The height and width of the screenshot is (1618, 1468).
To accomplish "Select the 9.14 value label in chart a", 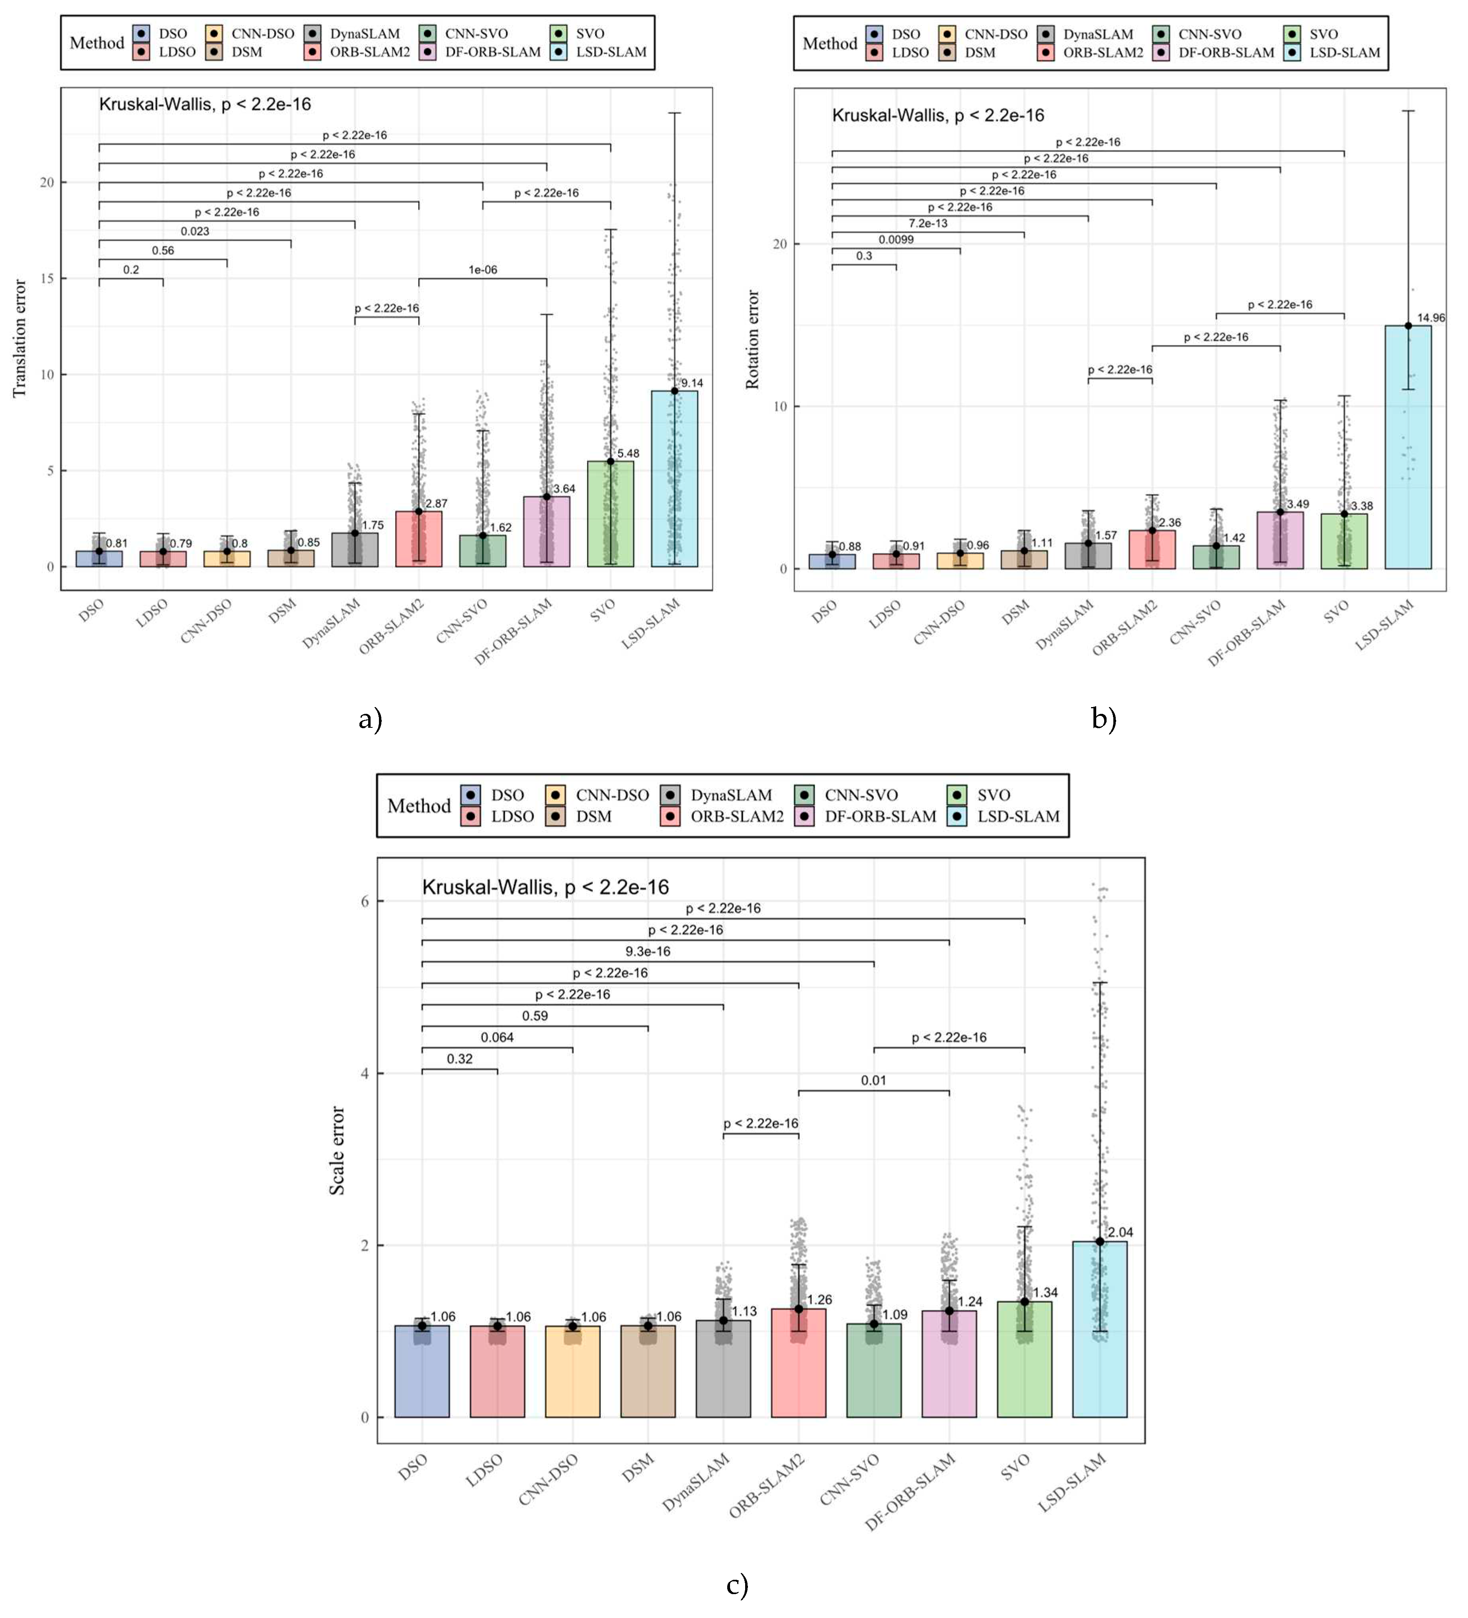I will [x=692, y=384].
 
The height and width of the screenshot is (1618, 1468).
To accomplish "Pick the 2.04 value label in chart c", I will [x=1121, y=1232].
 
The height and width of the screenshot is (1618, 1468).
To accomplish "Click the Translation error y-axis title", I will [x=20, y=338].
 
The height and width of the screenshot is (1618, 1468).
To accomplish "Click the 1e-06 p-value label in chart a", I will [x=482, y=270].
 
